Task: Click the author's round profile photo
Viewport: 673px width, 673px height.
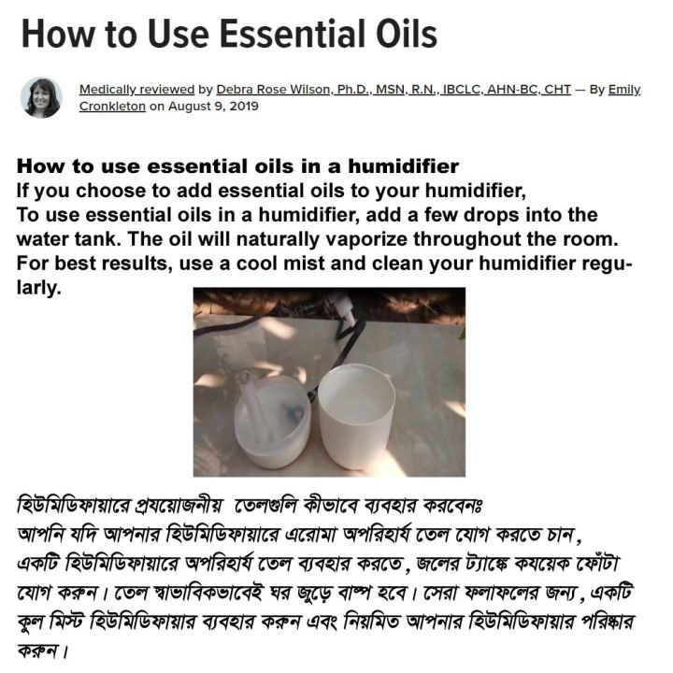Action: (41, 97)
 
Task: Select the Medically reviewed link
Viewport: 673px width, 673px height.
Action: (136, 90)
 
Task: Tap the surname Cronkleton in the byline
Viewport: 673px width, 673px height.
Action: (111, 106)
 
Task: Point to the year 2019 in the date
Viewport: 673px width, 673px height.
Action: (241, 106)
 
